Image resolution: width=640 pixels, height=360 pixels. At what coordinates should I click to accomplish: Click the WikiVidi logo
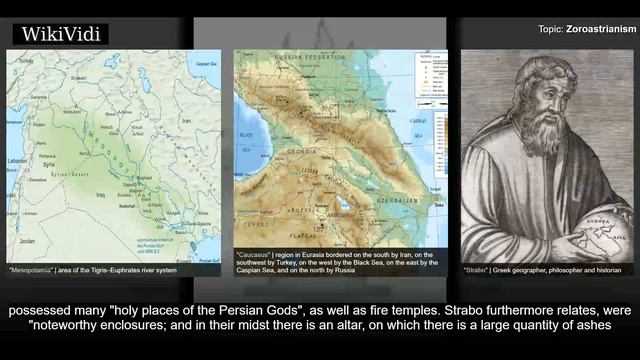60,35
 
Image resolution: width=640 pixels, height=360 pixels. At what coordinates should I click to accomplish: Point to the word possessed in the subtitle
39,310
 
